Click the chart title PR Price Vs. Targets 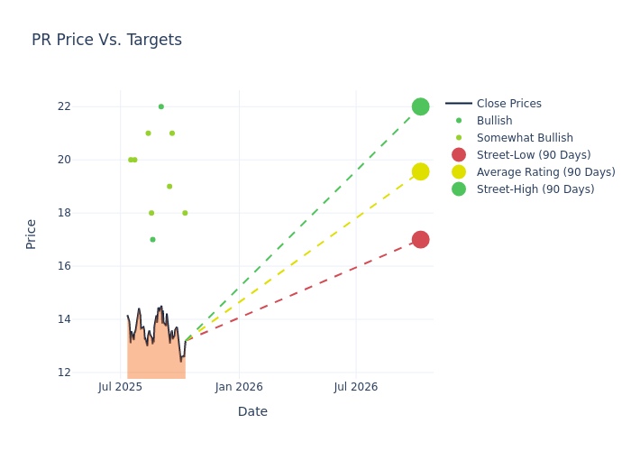tap(106, 40)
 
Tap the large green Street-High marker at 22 tap(420, 106)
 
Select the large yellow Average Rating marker tap(420, 171)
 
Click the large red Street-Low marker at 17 tap(420, 239)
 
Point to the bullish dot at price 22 tap(161, 106)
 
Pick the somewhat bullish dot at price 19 tap(169, 187)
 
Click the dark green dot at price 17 tap(152, 240)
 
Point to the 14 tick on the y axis tap(88, 319)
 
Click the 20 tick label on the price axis tap(88, 160)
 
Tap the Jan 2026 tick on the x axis tap(239, 387)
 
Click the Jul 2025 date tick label tap(121, 387)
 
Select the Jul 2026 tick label tap(356, 387)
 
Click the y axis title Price tap(32, 234)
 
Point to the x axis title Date tap(252, 412)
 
